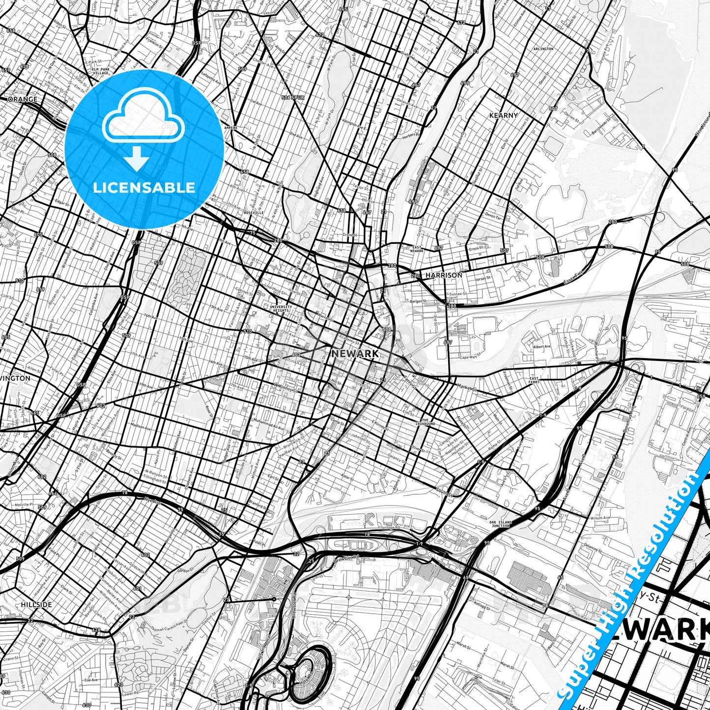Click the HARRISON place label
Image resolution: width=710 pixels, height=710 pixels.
(x=444, y=275)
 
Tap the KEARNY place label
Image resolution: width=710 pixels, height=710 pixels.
(x=503, y=115)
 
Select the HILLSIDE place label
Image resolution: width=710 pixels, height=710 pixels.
(x=36, y=604)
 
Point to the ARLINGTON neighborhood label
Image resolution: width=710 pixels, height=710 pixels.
(x=543, y=49)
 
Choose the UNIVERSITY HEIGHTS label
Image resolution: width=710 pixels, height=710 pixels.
(x=281, y=309)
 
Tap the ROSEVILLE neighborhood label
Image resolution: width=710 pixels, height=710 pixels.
(x=254, y=213)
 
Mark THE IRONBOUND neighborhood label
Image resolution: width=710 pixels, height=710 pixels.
(x=425, y=422)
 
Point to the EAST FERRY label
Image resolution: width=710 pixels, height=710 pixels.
(x=534, y=380)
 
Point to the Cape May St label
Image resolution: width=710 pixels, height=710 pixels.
(x=470, y=357)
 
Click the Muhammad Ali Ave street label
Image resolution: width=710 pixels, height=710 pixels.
(x=268, y=425)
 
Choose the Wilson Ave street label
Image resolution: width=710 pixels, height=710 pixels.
(x=600, y=518)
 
